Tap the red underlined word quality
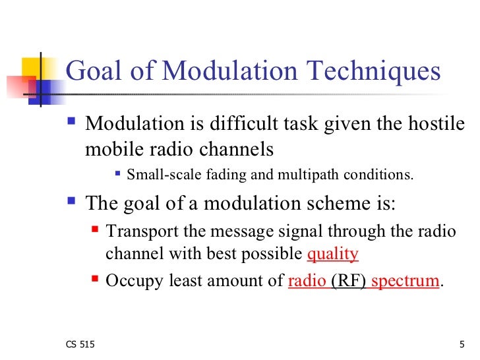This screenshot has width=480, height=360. (333, 254)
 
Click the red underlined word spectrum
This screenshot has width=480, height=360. (405, 281)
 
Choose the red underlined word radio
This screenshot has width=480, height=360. (307, 281)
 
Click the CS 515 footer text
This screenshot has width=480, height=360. (80, 345)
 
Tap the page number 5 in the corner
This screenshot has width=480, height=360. (462, 345)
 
